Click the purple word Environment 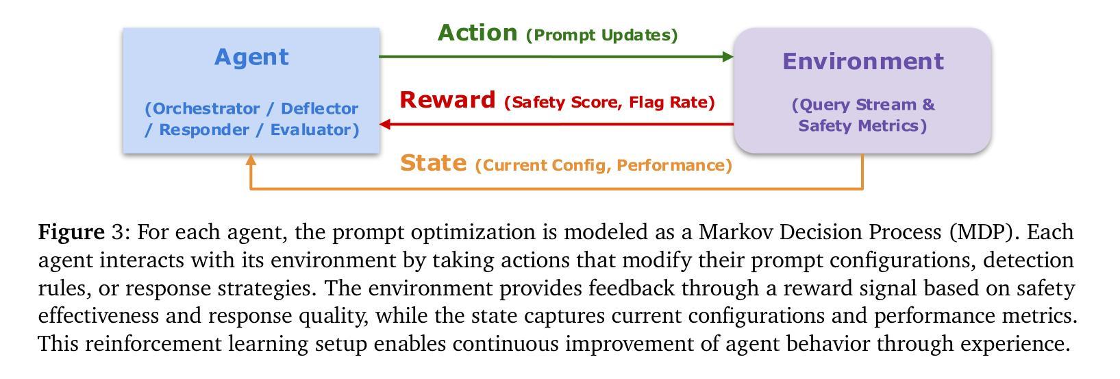tap(863, 62)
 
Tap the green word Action tap(477, 33)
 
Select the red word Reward tap(447, 99)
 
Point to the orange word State tap(434, 164)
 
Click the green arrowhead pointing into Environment tap(728, 56)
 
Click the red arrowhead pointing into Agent tap(385, 124)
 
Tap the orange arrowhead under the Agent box tap(251, 160)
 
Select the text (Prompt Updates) tap(602, 35)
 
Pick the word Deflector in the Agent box tap(319, 108)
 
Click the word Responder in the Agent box tap(204, 130)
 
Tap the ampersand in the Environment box tap(928, 104)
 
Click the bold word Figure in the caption tap(71, 232)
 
